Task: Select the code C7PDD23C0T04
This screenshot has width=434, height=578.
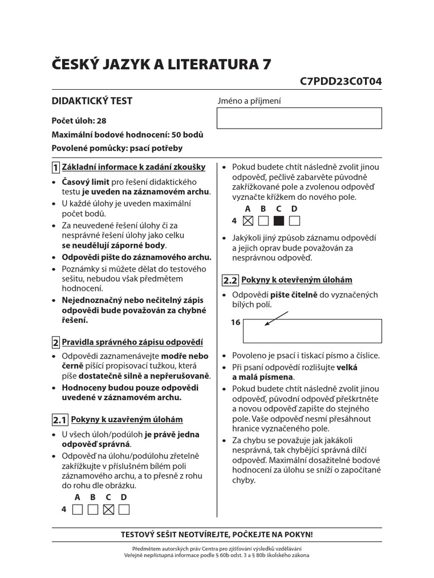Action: click(x=341, y=81)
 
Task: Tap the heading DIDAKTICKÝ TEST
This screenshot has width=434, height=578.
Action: click(x=92, y=101)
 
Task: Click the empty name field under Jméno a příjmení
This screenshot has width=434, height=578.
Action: click(x=300, y=118)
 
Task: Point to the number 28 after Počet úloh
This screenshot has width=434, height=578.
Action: click(x=101, y=121)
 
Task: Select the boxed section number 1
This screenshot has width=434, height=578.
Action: click(x=55, y=168)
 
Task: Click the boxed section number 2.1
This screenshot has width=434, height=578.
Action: click(x=60, y=420)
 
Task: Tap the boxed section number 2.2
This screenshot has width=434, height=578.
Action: click(x=230, y=281)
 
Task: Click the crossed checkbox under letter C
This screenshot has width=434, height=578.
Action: click(x=109, y=510)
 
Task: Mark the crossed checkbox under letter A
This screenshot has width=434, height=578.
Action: click(x=248, y=221)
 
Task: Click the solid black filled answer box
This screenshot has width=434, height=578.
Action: click(x=279, y=221)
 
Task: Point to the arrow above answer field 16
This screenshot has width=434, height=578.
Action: click(x=276, y=318)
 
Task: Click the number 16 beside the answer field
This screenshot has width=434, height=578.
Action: click(x=236, y=322)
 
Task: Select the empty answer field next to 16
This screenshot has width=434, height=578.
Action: click(x=312, y=331)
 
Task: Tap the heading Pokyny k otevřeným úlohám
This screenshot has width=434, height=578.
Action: click(x=297, y=280)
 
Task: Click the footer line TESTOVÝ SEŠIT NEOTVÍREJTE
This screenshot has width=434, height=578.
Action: click(x=217, y=534)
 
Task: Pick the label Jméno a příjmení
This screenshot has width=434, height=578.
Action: click(x=249, y=101)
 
